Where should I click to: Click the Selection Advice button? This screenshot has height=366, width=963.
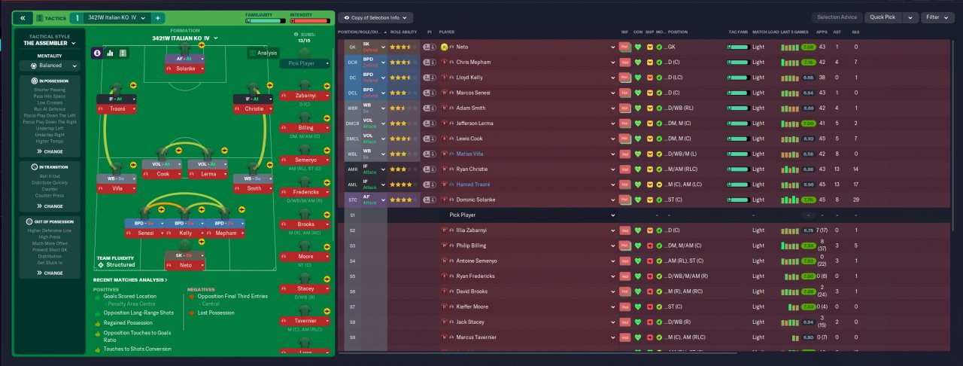(837, 17)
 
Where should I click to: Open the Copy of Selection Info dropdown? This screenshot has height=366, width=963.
(375, 17)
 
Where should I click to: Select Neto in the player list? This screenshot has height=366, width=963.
(462, 47)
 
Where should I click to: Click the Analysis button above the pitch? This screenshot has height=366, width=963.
(263, 53)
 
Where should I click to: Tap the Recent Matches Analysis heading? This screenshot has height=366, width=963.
(130, 279)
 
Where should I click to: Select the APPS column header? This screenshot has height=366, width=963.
(822, 32)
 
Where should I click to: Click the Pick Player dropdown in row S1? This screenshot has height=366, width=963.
(527, 215)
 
